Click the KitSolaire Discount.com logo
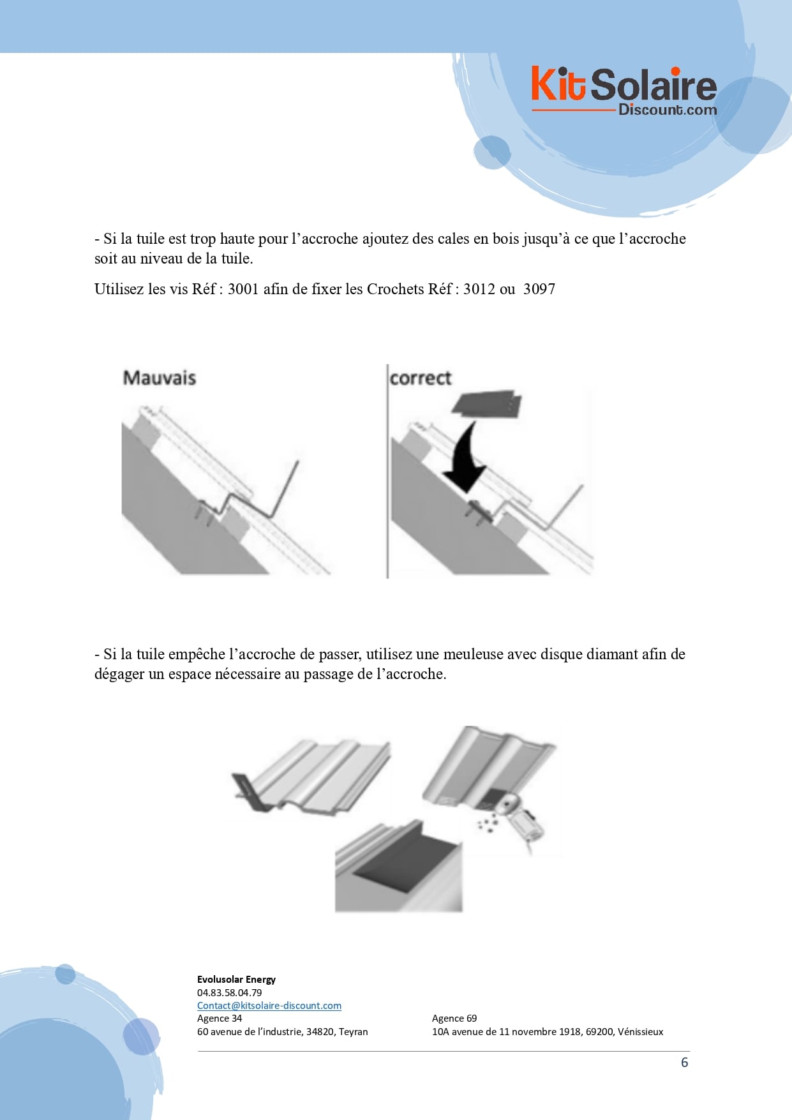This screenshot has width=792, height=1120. pyautogui.click(x=624, y=91)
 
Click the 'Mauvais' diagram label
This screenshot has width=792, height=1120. pyautogui.click(x=160, y=378)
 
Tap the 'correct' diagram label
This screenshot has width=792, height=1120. pyautogui.click(x=421, y=378)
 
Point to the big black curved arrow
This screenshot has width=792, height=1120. pyautogui.click(x=464, y=456)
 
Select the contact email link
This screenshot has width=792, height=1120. pyautogui.click(x=269, y=1005)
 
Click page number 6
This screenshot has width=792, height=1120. pyautogui.click(x=685, y=1063)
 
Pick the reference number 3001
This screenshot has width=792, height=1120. pyautogui.click(x=243, y=289)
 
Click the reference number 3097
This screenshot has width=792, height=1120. pyautogui.click(x=539, y=289)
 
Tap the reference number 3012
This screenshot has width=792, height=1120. pyautogui.click(x=479, y=289)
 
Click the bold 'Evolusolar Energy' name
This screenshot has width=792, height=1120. pyautogui.click(x=236, y=979)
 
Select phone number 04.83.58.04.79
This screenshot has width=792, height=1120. pyautogui.click(x=229, y=992)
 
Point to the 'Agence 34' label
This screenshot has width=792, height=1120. pyautogui.click(x=220, y=1019)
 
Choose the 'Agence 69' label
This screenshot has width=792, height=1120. pyautogui.click(x=454, y=1019)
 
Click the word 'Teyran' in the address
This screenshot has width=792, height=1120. pyautogui.click(x=354, y=1032)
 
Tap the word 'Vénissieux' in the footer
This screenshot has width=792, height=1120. pyautogui.click(x=640, y=1031)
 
